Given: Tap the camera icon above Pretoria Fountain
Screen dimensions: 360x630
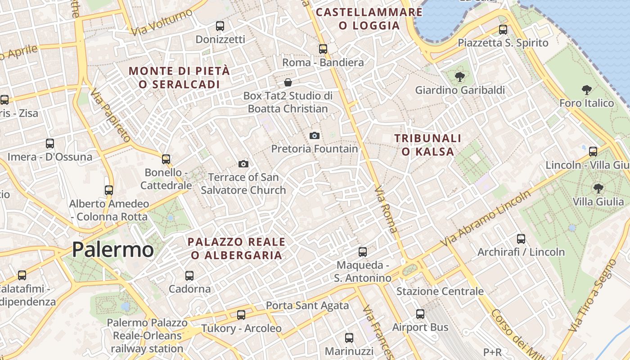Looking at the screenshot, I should point(315,135).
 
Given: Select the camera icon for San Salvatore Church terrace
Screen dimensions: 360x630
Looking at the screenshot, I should point(243,164).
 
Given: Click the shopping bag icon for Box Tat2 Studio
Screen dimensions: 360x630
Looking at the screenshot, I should point(288,82).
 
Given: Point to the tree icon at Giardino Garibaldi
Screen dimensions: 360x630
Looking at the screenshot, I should point(459,77).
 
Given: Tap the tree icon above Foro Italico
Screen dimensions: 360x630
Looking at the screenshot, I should point(586,90).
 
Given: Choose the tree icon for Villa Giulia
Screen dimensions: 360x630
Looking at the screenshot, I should point(598,188).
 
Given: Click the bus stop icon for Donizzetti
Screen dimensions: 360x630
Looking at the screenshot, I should point(220,26).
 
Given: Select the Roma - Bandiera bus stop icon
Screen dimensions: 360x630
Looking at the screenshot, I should point(323,49).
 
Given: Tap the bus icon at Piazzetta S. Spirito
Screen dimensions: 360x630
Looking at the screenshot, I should point(503,30).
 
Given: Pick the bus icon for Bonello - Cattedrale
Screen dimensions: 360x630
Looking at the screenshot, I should point(166,159).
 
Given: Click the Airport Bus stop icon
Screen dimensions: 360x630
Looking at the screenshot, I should point(420,314).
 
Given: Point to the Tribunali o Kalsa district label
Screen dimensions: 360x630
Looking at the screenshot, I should point(428,145).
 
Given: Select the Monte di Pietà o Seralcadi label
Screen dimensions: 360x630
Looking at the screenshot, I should point(179,77).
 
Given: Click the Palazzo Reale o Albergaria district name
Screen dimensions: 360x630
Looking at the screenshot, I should point(236,248).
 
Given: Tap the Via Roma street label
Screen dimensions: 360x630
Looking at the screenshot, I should point(386,209).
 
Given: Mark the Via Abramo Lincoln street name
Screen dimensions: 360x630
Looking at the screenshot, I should point(486,219).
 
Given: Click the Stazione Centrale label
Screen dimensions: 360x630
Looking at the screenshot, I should point(440,291).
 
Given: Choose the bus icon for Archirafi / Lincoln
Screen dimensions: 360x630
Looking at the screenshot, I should point(521,238).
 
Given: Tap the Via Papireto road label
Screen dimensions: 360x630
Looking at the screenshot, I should point(110,115).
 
